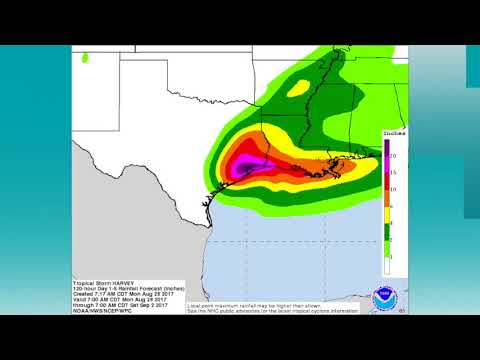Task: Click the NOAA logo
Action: pyautogui.click(x=383, y=296)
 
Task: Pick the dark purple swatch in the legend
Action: pyautogui.click(x=386, y=149)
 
